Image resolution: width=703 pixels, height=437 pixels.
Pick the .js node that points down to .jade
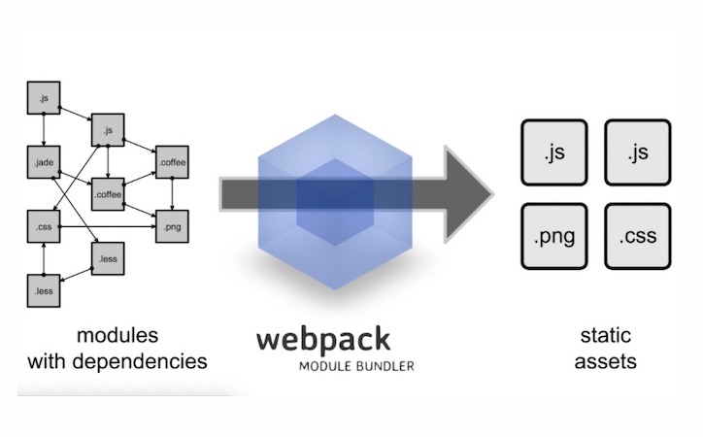click(43, 98)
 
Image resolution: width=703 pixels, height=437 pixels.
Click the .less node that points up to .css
click(43, 289)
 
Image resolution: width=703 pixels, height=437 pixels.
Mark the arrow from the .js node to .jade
click(43, 131)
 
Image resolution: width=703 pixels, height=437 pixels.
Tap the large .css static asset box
click(637, 236)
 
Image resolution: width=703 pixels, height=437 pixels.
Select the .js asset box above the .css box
click(637, 152)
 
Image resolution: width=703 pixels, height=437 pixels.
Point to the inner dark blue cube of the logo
click(333, 198)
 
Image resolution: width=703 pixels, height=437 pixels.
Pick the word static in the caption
click(606, 337)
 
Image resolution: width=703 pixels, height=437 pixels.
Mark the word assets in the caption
click(606, 362)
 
